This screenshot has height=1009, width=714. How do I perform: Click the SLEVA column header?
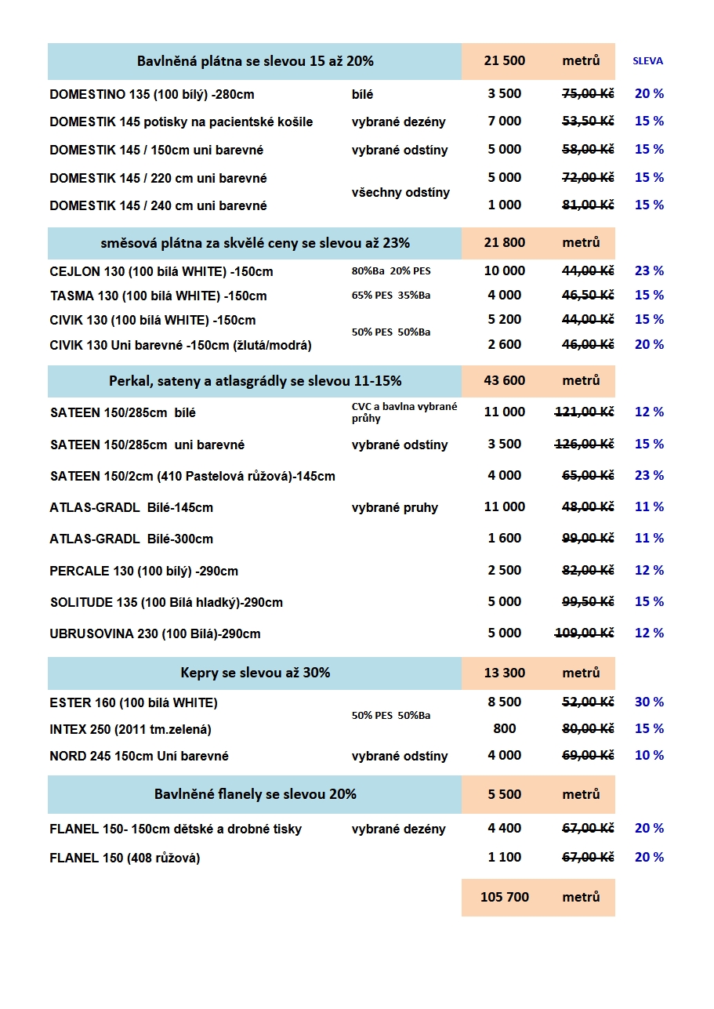click(647, 61)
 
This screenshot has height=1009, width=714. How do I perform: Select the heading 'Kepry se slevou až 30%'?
click(255, 673)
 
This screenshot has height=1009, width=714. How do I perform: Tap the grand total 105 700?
click(504, 897)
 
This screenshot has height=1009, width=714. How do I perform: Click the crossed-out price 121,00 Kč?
click(584, 412)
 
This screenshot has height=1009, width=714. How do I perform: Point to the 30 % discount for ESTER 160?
click(649, 702)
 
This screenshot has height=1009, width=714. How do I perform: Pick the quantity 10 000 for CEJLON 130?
click(504, 271)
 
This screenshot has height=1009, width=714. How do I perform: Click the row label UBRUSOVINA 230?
click(155, 633)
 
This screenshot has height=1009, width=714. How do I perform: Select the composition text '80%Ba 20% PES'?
click(391, 271)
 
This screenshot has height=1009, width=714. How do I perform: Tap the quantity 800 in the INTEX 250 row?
click(504, 729)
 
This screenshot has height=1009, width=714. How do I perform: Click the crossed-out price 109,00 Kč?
click(584, 633)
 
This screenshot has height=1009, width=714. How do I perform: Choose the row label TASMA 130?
click(158, 296)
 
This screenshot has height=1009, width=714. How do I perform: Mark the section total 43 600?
click(504, 381)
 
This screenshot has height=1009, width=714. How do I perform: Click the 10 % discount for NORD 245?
click(649, 756)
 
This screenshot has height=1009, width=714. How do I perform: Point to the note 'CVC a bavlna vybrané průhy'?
click(404, 412)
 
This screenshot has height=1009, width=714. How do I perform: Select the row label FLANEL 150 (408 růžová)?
click(125, 858)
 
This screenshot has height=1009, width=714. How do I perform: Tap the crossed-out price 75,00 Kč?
click(588, 94)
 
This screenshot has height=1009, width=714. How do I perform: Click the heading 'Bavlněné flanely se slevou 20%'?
click(255, 794)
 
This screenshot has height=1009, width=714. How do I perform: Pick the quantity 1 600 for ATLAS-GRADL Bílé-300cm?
click(504, 539)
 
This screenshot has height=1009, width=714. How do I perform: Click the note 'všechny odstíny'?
click(400, 192)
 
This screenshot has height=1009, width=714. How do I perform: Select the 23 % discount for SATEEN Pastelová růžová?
click(649, 476)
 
